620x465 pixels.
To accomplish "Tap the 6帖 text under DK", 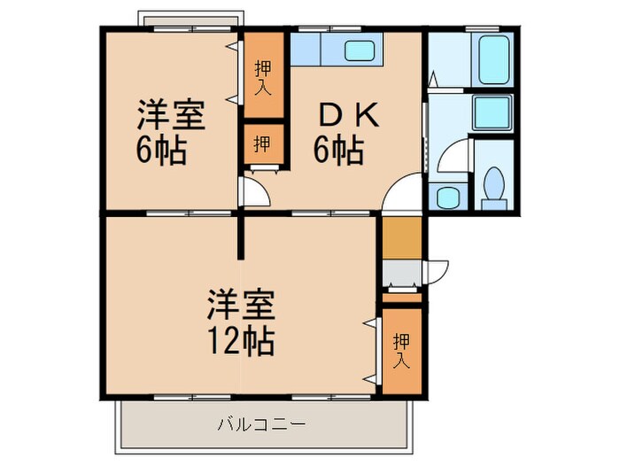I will coord(337,151).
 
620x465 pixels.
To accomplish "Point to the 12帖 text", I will coord(241,339).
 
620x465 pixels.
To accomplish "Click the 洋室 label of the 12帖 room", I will coord(241,306).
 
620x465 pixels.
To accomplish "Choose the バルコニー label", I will coord(262,424).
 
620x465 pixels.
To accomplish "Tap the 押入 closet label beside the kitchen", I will coord(263,76).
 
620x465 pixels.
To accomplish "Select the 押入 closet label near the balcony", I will coord(401,348).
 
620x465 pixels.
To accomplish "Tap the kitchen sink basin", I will coord(359,51).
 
